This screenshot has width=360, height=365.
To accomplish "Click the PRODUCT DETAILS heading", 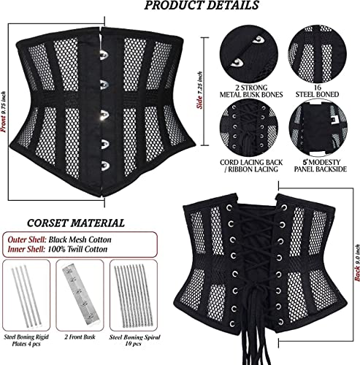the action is [x=202, y=5].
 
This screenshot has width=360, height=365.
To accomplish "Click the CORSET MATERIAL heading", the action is [x=76, y=223].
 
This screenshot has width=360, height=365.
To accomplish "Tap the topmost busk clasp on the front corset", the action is [x=104, y=55].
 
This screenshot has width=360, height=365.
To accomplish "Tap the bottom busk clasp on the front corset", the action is [x=104, y=165].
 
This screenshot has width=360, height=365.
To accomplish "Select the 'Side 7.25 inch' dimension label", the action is [x=199, y=91].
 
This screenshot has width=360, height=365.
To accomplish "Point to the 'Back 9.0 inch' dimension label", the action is [x=357, y=263].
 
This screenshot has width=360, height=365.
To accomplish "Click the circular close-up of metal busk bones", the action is [x=249, y=53].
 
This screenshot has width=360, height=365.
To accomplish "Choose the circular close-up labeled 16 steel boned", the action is [x=318, y=54].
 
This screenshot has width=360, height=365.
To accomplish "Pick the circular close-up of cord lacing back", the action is [x=249, y=127].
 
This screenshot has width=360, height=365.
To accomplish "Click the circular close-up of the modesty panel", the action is [x=318, y=127].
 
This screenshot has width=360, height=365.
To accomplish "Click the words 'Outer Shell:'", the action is [x=27, y=239].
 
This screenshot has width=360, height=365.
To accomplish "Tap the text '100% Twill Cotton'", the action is [x=77, y=249].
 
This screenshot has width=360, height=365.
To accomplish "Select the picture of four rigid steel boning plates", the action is [x=26, y=296].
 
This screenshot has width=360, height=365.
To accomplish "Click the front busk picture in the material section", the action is [x=80, y=296].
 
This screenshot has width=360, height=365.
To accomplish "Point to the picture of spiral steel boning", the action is [x=134, y=296].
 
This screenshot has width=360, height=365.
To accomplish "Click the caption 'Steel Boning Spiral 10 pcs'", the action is [x=134, y=340].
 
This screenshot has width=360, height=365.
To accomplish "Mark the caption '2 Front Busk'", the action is [x=80, y=337].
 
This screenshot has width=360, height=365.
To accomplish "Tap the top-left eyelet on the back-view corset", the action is [x=229, y=207].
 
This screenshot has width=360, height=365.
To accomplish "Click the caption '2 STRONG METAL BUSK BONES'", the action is [x=251, y=91].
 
